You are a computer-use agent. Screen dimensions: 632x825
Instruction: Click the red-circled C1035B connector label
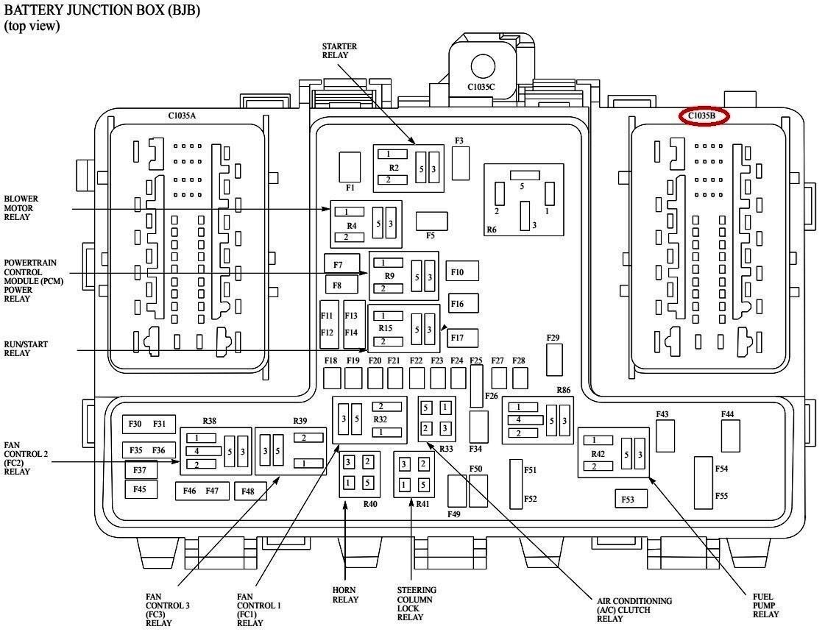702,116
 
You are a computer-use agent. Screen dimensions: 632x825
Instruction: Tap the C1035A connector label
187,116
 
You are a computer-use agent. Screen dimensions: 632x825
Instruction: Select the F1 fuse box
350,167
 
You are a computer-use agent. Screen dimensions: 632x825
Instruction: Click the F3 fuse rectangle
461,163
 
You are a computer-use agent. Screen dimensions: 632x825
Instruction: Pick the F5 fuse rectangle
431,221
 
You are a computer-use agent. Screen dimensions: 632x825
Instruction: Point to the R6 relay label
492,230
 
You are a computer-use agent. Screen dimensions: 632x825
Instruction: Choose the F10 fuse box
463,271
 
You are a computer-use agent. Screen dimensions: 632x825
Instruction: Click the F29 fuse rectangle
554,361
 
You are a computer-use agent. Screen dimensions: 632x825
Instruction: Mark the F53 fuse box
631,499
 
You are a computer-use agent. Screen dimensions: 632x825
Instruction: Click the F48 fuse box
249,491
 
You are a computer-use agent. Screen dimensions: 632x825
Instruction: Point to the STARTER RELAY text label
339,51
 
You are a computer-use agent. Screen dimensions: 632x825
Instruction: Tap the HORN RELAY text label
345,594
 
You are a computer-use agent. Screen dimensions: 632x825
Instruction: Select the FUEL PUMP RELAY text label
765,605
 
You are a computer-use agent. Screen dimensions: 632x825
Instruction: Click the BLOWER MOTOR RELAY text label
21,207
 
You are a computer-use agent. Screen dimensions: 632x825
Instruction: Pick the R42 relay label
598,453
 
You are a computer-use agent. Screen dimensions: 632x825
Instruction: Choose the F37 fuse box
141,469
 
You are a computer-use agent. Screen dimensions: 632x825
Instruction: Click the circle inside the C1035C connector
483,65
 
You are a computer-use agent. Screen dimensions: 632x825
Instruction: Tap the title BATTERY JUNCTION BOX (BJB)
102,10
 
